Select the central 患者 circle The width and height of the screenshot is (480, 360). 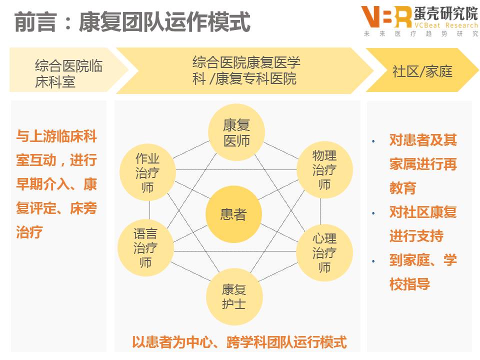click(233, 214)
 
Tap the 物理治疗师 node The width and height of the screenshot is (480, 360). click(324, 169)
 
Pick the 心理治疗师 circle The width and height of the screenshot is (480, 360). click(324, 252)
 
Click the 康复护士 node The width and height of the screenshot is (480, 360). click(233, 296)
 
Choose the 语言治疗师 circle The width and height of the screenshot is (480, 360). click(145, 247)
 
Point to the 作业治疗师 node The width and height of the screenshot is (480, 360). click(148, 172)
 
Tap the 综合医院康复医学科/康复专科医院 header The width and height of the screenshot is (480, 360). click(245, 70)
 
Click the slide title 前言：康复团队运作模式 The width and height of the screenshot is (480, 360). click(132, 22)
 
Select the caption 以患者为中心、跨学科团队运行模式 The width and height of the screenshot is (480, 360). click(239, 342)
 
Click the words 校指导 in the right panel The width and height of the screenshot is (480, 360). click(409, 284)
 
